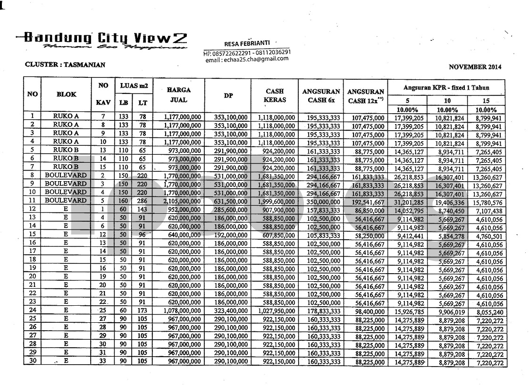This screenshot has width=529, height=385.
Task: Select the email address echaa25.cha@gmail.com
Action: click(247, 59)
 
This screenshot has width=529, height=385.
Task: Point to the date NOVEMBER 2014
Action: click(475, 67)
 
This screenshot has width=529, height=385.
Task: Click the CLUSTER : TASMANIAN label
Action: click(65, 65)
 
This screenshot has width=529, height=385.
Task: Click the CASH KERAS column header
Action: click(276, 94)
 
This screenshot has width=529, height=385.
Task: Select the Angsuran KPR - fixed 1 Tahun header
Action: click(446, 87)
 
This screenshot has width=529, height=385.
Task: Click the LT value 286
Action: click(142, 201)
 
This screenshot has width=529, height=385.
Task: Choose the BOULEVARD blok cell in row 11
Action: click(66, 201)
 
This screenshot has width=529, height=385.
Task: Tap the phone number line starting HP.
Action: click(247, 52)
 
